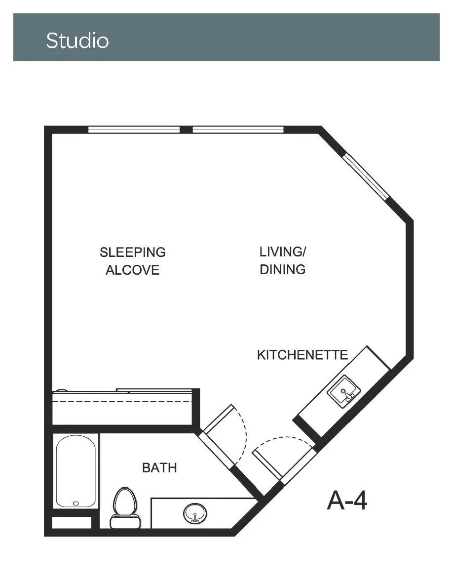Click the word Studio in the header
point(77,41)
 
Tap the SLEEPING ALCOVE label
point(132,261)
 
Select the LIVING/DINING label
point(283,260)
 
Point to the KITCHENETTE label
point(302,354)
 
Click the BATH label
point(159,467)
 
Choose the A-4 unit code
point(347,500)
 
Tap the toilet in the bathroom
point(125,507)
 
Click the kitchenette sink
point(344,392)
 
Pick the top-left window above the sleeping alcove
point(134,130)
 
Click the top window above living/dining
point(238,130)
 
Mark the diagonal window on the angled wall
point(367,176)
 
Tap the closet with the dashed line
point(122,408)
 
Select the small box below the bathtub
point(72,523)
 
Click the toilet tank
point(125,521)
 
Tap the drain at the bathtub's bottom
point(76,503)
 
